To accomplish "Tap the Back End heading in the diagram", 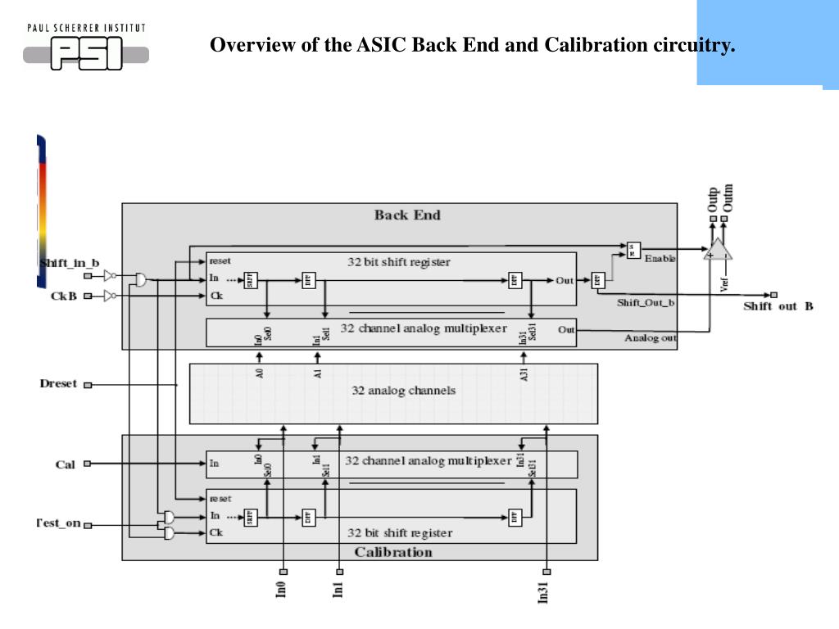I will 407,215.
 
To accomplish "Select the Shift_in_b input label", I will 70,263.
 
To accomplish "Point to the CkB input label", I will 63,296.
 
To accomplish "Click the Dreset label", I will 58,383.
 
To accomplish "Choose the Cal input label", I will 65,464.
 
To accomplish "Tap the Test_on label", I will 58,523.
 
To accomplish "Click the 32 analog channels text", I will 403,391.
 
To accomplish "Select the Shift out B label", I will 778,306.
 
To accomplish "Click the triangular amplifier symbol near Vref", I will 719,250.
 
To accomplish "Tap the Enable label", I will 660,259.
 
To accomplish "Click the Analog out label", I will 651,337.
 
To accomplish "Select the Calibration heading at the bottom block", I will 393,552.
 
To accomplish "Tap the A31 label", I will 524,375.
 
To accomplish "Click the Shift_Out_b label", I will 646,302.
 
